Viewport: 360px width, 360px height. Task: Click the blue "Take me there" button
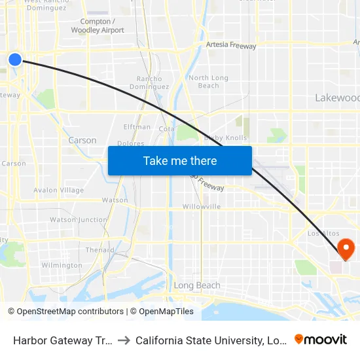180,160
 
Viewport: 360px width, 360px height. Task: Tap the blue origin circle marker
16,60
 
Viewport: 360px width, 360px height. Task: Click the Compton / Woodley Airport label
98,26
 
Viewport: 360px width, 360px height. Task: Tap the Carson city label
82,140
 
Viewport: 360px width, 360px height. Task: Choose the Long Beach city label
197,285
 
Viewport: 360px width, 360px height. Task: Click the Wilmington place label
62,265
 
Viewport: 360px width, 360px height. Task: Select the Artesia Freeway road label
230,45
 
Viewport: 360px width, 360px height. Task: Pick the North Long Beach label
208,82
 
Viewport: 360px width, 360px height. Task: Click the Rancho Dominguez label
149,82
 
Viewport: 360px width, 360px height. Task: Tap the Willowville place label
202,206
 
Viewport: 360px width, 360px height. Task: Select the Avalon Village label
59,190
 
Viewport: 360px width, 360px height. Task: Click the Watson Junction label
79,220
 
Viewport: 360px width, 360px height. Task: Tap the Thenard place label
99,249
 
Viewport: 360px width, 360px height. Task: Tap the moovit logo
321,339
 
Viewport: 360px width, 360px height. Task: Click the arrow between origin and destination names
124,340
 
